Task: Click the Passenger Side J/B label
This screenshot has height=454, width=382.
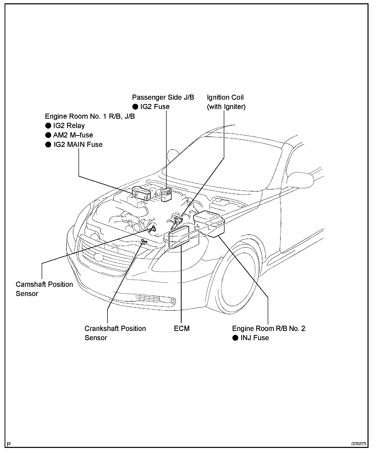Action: pyautogui.click(x=163, y=97)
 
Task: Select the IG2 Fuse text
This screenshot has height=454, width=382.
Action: pyautogui.click(x=155, y=107)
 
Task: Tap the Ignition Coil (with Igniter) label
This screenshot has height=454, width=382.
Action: pyautogui.click(x=226, y=102)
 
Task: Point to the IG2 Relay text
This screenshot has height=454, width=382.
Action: pyautogui.click(x=69, y=126)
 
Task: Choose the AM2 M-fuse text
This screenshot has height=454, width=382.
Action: pyautogui.click(x=73, y=135)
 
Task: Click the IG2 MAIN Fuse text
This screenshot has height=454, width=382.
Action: pyautogui.click(x=78, y=145)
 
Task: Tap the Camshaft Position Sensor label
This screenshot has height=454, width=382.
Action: pyautogui.click(x=44, y=289)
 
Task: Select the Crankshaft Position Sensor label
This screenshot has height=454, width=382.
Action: pyautogui.click(x=115, y=333)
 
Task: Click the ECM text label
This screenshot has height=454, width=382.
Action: pyautogui.click(x=182, y=328)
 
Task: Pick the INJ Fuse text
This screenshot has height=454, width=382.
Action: pyautogui.click(x=254, y=338)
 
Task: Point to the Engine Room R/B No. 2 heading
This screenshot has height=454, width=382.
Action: pyautogui.click(x=268, y=328)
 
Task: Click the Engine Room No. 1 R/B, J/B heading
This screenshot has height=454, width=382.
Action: pyautogui.click(x=90, y=116)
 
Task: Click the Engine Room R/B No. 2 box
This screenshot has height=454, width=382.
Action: pyautogui.click(x=209, y=223)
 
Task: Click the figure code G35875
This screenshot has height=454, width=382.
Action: pyautogui.click(x=359, y=444)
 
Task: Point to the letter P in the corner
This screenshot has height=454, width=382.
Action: pyautogui.click(x=9, y=444)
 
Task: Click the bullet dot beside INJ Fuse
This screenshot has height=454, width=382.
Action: pyautogui.click(x=235, y=338)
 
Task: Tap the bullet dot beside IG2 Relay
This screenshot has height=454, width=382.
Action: pyautogui.click(x=48, y=126)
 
